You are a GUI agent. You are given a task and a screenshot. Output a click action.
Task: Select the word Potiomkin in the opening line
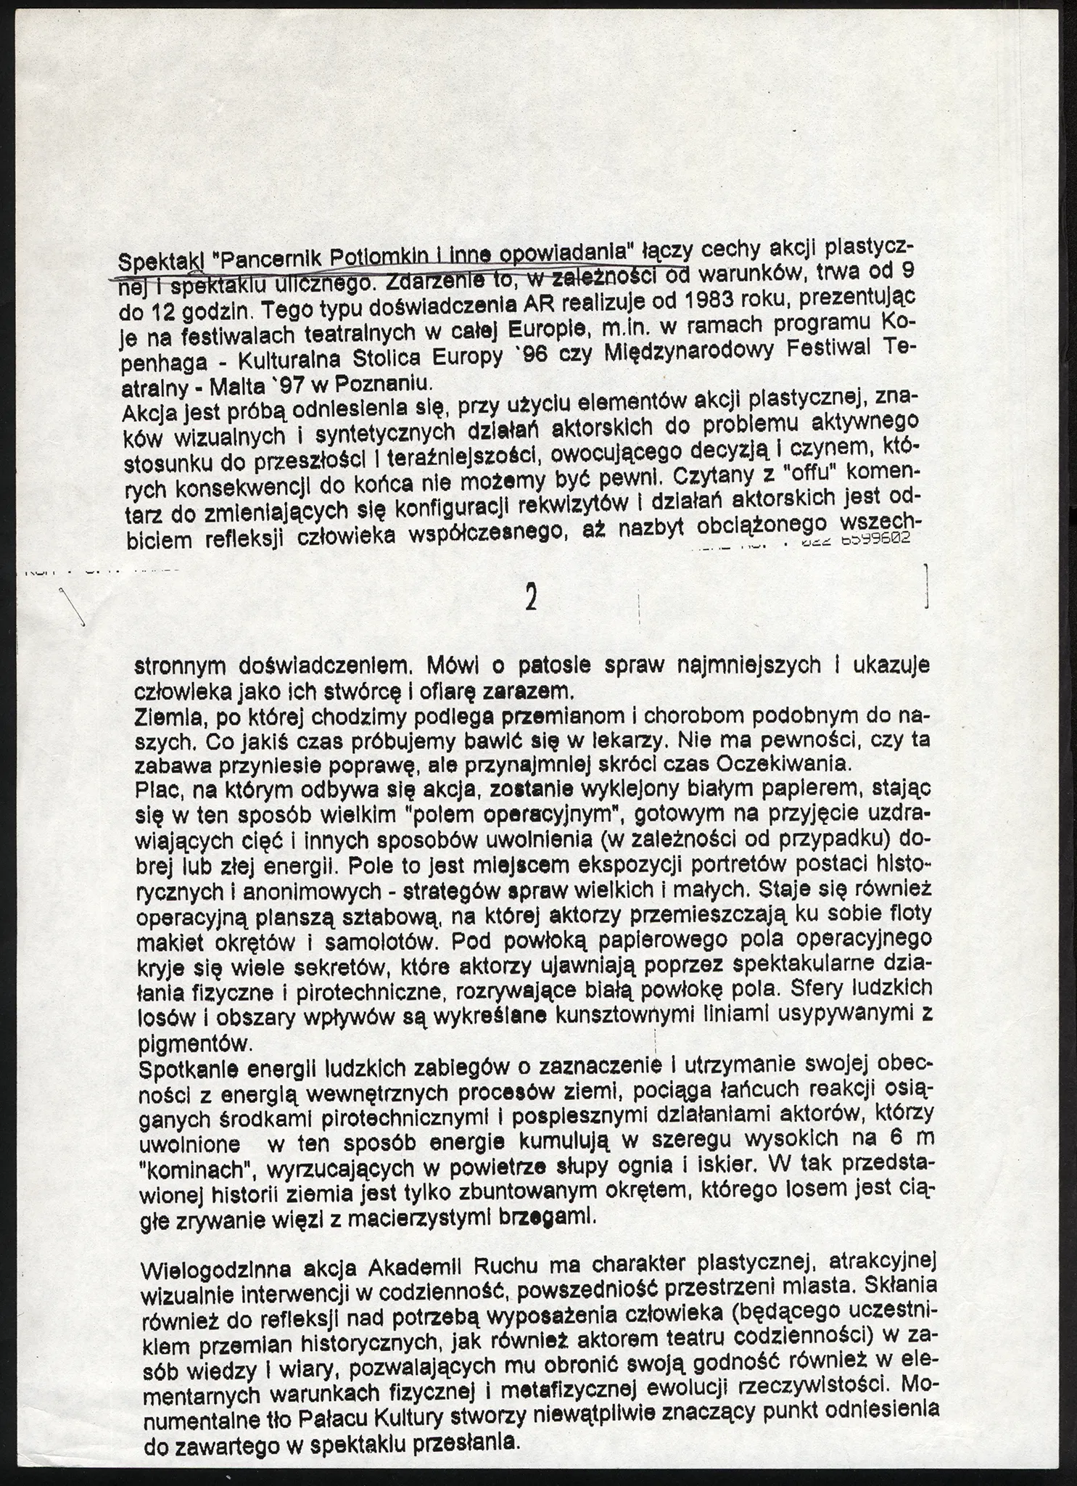click(x=377, y=257)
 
